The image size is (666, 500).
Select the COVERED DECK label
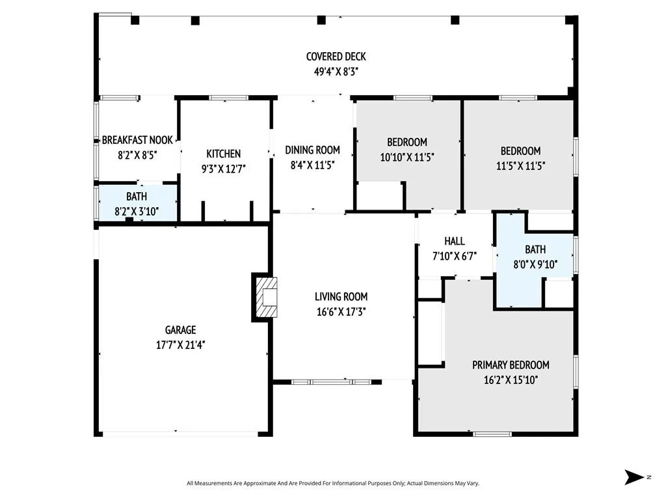click(x=336, y=57)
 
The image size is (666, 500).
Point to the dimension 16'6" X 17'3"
click(x=342, y=312)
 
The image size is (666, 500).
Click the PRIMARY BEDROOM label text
click(x=511, y=365)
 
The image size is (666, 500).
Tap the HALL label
click(x=455, y=241)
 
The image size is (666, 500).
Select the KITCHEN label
click(x=223, y=154)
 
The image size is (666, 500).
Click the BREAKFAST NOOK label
click(x=137, y=140)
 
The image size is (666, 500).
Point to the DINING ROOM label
click(x=312, y=150)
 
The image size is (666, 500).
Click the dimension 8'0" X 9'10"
click(x=535, y=264)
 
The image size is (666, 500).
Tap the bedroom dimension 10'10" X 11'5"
click(x=407, y=157)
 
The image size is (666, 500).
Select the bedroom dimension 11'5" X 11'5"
click(x=520, y=165)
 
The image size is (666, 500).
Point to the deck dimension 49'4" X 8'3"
click(x=336, y=72)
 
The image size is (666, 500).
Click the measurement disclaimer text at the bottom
click(x=332, y=483)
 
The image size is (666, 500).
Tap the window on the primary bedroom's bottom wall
click(x=492, y=434)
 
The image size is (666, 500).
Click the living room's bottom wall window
click(x=331, y=382)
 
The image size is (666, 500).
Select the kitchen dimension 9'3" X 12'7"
click(x=223, y=169)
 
